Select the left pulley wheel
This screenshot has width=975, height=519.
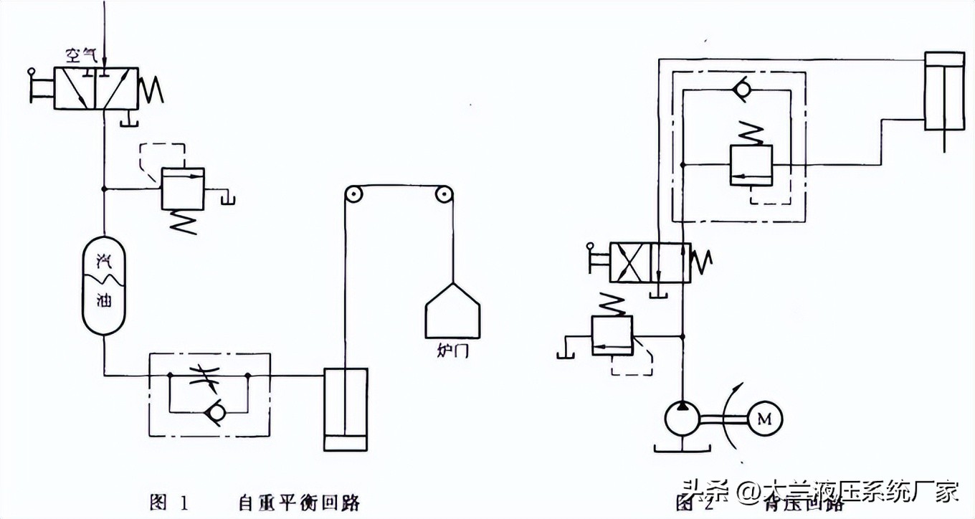click(351, 196)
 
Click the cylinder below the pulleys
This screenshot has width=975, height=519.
click(346, 409)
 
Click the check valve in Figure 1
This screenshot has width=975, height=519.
click(213, 411)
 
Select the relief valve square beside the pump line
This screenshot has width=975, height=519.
click(612, 335)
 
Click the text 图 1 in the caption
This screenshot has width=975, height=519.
click(169, 502)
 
